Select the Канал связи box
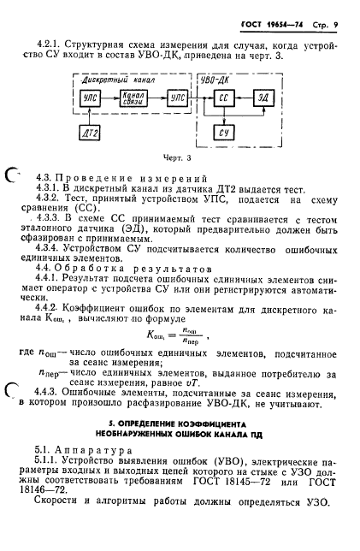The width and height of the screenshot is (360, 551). point(132,100)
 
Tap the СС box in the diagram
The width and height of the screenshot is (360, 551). point(222,100)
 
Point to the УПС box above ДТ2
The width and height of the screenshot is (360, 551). point(90,100)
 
